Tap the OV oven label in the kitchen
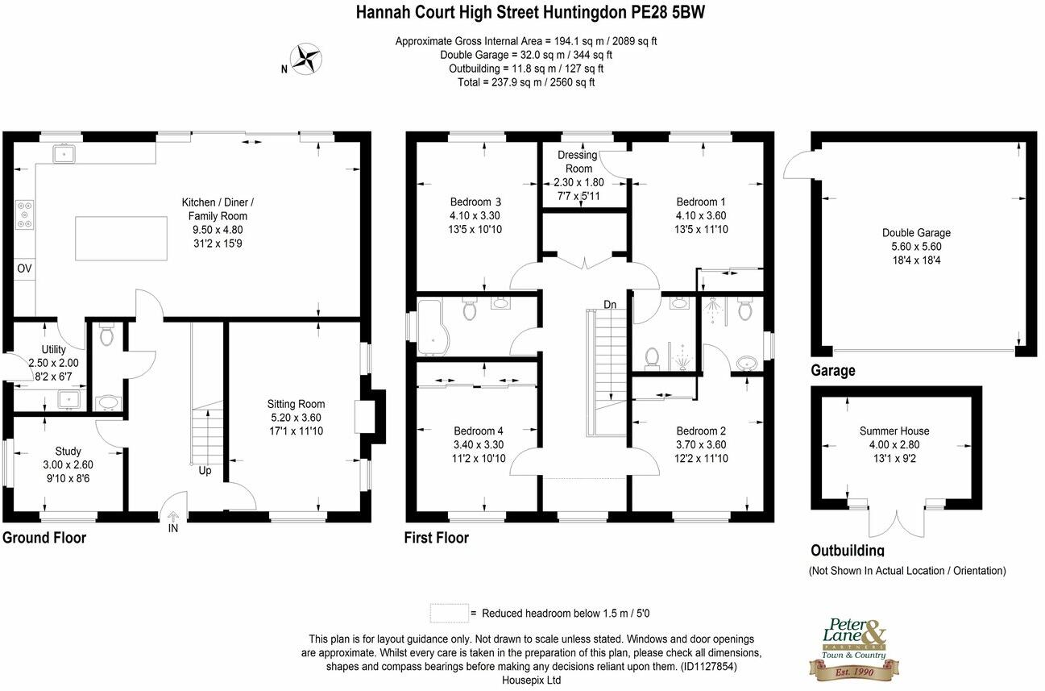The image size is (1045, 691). pyautogui.click(x=24, y=268)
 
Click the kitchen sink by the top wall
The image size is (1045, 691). pyautogui.click(x=64, y=152)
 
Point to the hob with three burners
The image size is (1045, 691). pyautogui.click(x=23, y=214)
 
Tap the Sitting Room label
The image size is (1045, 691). pyautogui.click(x=296, y=404)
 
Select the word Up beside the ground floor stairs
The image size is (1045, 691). pyautogui.click(x=205, y=470)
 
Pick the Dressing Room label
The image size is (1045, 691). pyautogui.click(x=578, y=161)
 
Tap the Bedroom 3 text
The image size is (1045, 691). pyautogui.click(x=475, y=202)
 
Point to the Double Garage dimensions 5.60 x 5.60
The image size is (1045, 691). pyautogui.click(x=916, y=247)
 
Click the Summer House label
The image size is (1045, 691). pyautogui.click(x=894, y=431)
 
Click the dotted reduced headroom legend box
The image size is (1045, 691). pyautogui.click(x=449, y=613)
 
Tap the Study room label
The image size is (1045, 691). pyautogui.click(x=68, y=452)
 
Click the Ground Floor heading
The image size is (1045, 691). pyautogui.click(x=44, y=538)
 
